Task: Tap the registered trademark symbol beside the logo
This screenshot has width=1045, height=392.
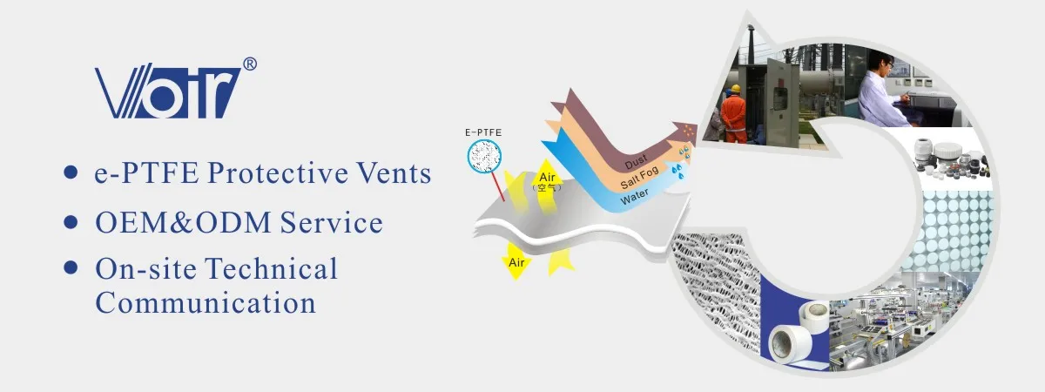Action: (x=249, y=64)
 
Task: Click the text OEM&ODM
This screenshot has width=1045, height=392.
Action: (x=182, y=222)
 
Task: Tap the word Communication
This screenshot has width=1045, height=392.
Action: (x=206, y=302)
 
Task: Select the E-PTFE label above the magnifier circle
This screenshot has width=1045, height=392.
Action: (x=484, y=132)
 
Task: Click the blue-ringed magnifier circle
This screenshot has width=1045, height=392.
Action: (x=484, y=156)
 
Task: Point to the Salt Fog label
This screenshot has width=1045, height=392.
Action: (x=639, y=184)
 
